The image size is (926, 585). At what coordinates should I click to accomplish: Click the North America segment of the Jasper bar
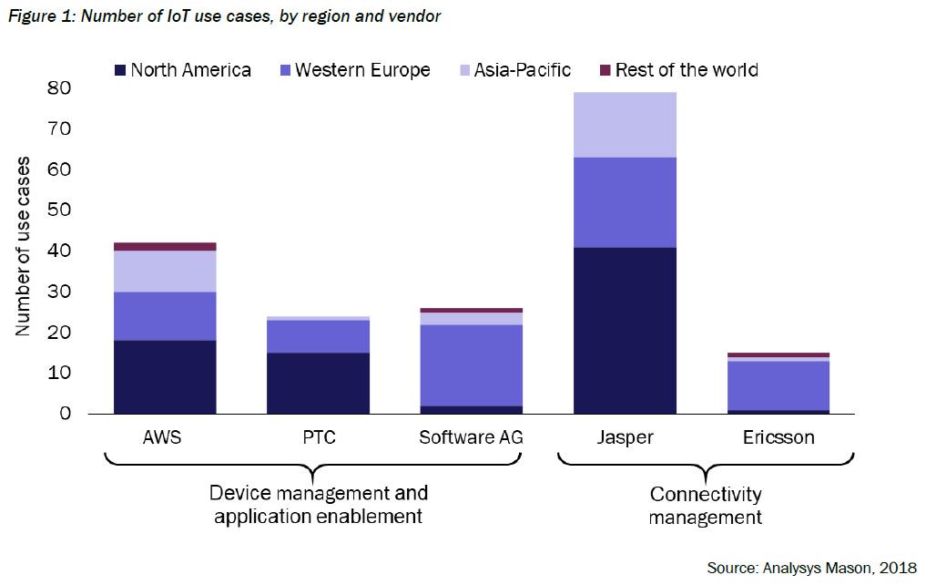[625, 330]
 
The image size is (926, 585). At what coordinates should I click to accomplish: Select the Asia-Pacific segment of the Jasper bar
[625, 125]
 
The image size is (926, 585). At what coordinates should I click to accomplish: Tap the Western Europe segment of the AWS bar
[165, 315]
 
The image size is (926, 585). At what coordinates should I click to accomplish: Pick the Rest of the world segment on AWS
[165, 246]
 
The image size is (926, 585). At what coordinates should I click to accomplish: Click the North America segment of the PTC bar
[318, 383]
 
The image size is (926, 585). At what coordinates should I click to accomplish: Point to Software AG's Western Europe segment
[472, 364]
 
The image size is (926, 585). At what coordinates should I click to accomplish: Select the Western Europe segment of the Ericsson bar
[778, 385]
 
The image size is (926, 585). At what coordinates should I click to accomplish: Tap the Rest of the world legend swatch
[604, 70]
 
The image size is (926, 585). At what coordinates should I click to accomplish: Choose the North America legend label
[190, 70]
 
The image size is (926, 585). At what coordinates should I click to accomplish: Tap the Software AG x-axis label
[471, 437]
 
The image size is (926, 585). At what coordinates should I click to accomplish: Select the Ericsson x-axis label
[778, 437]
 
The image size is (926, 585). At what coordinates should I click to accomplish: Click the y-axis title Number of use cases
[24, 246]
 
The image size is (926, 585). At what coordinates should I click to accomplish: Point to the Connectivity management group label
[706, 506]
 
